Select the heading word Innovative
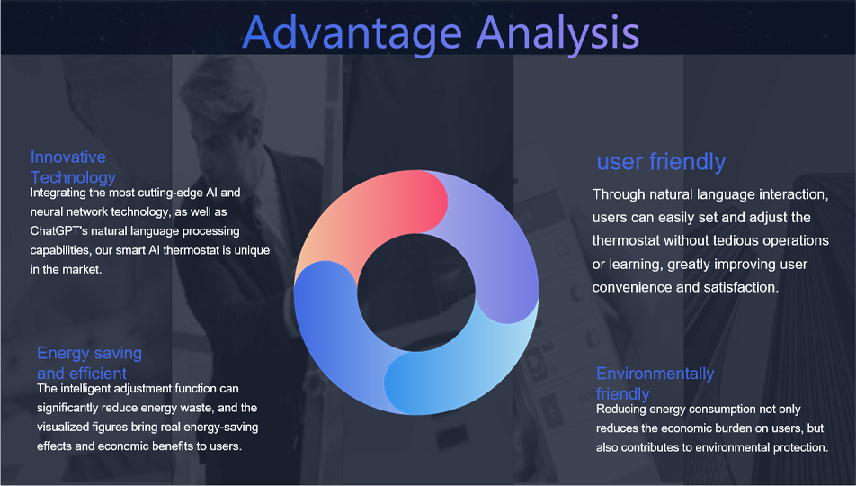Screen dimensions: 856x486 click(x=67, y=157)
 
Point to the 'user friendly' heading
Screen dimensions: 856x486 click(x=661, y=162)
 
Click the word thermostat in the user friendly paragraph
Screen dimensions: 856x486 click(x=626, y=240)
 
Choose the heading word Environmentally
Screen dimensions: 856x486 click(x=655, y=373)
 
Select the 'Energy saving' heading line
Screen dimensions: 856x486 click(x=90, y=353)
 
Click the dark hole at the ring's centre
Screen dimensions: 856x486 click(x=416, y=292)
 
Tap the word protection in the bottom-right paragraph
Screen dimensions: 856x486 click(x=802, y=447)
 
